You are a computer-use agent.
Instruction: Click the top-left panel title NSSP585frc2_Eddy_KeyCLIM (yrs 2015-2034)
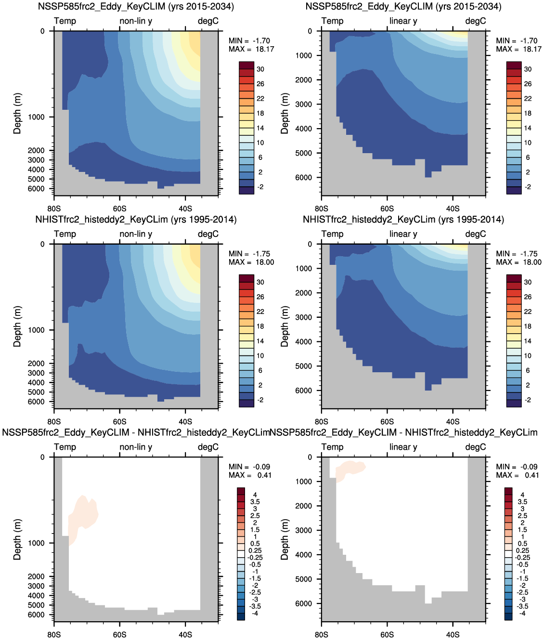point(136,7)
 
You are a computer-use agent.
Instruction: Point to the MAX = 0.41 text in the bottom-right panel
point(518,475)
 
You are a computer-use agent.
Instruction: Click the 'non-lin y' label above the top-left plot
point(136,21)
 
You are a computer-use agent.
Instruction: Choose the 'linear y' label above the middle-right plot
point(403,234)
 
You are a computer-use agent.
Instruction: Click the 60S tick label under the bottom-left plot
point(119,635)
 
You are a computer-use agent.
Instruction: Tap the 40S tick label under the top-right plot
point(453,209)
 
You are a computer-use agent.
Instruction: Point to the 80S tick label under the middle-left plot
point(54,422)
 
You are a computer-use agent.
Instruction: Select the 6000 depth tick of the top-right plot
point(303,178)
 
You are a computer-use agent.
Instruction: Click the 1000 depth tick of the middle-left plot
point(36,330)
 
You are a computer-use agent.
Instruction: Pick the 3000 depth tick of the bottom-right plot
point(303,530)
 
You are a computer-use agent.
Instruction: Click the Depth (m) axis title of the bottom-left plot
point(18,539)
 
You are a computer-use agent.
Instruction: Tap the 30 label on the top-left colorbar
point(260,69)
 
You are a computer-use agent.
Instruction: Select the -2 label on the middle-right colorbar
point(528,400)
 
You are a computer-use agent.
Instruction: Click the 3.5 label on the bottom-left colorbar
point(255,502)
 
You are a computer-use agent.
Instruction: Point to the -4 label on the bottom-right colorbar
point(522,614)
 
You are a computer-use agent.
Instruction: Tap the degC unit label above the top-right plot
point(475,21)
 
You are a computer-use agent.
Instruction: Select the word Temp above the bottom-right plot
point(332,447)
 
